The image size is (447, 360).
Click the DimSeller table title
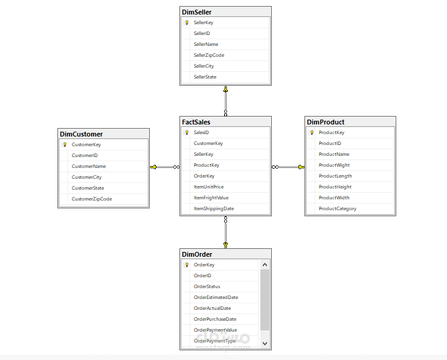197,11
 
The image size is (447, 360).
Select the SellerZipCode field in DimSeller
208,55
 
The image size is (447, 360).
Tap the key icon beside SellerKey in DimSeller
187,22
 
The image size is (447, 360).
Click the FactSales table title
196,122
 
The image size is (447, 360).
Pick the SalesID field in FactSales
202,132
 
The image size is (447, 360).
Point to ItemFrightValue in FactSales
211,198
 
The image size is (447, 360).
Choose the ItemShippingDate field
213,208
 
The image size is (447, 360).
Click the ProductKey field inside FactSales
206,165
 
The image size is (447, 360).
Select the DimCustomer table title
82,134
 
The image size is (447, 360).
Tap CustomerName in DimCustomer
89,166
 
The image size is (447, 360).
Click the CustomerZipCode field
92,199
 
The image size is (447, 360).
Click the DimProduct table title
326,122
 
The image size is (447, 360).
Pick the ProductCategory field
338,208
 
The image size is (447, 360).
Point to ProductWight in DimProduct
334,165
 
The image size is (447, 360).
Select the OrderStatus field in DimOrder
207,286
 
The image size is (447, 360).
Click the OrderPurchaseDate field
214,319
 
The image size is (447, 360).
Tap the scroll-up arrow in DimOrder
265,265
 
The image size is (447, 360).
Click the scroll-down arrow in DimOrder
265,342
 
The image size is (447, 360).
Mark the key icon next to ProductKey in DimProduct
312,132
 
